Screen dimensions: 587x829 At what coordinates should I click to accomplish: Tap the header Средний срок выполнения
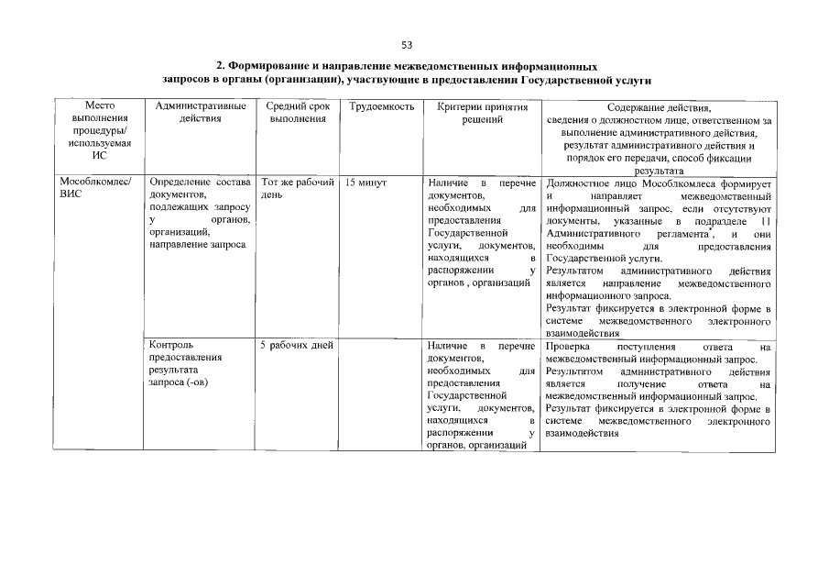pos(298,114)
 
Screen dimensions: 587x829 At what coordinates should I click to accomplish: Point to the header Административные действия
pos(200,114)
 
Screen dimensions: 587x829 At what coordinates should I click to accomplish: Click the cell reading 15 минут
pos(366,183)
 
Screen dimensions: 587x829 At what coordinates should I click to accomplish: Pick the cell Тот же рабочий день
pos(297,189)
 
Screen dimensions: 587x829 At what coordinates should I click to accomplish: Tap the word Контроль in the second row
pos(170,346)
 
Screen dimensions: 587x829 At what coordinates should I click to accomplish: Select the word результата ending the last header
pos(658,171)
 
